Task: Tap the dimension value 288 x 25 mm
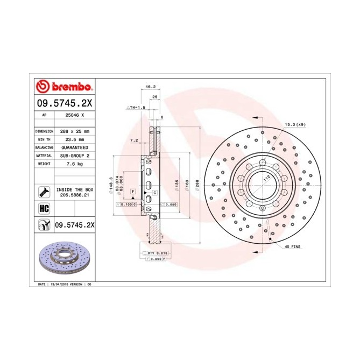coord(74,131)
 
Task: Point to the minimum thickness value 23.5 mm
coord(74,139)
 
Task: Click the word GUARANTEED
coord(74,147)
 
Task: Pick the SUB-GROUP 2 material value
coord(74,155)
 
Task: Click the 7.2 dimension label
coord(135,141)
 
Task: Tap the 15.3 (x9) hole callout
coord(294,125)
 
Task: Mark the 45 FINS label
coord(293,246)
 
